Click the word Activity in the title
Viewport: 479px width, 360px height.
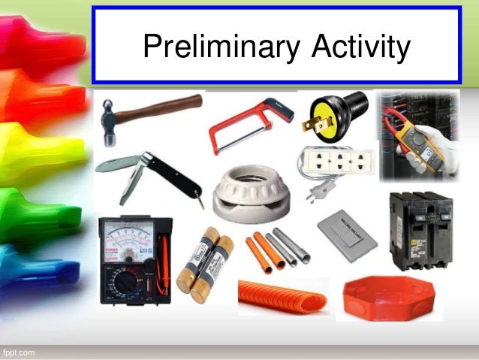(358, 47)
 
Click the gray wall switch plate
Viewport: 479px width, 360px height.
(346, 235)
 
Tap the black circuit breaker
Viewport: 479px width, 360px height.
(420, 229)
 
